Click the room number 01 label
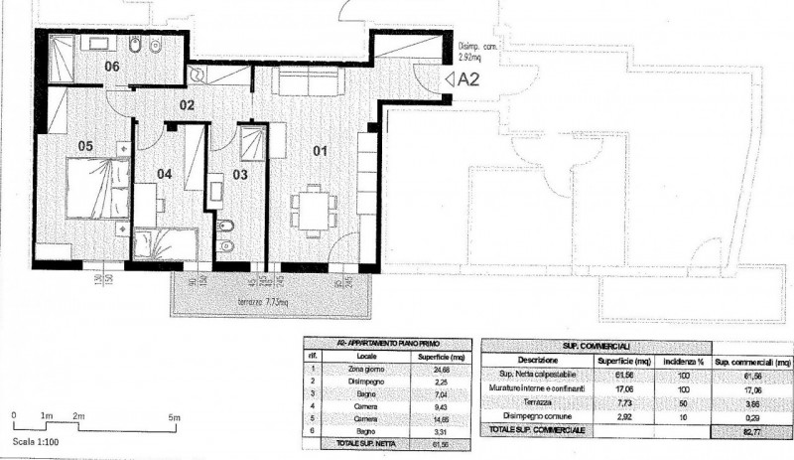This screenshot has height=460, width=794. pos(320,152)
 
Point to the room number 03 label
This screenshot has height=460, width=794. pos(239,175)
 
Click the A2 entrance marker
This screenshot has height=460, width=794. pos(463,79)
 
